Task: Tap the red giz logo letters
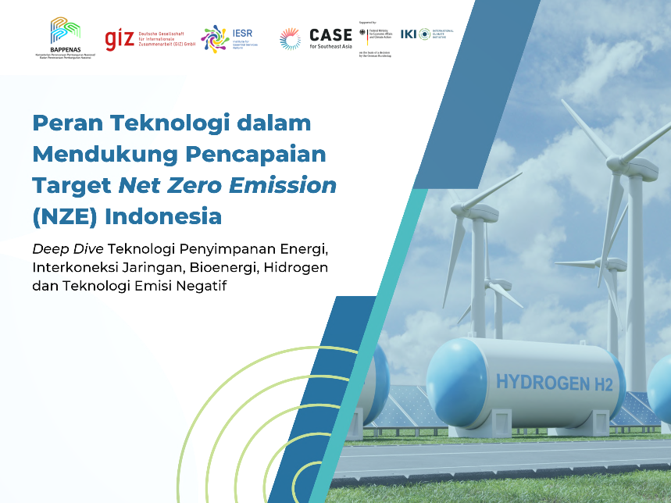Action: click(120, 38)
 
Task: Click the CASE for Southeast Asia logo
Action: click(316, 38)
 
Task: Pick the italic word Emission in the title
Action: click(280, 185)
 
